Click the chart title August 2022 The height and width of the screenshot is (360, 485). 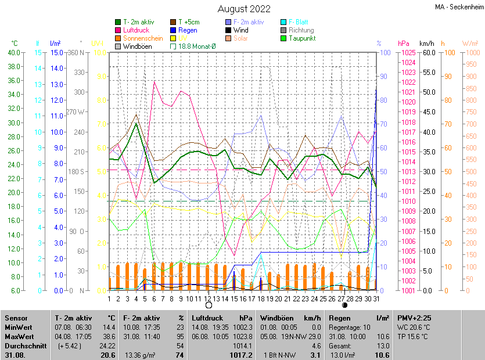point(244,9)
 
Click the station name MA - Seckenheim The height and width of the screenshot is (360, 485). point(458,7)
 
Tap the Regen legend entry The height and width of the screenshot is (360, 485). point(188,30)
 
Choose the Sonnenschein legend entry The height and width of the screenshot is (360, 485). point(143,38)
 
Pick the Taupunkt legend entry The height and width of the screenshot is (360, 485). point(301,38)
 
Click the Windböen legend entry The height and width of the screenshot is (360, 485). point(137,46)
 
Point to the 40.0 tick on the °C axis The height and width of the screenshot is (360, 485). point(13,53)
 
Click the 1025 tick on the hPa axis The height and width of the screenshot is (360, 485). point(407,53)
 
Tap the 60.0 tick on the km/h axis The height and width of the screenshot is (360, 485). point(428,53)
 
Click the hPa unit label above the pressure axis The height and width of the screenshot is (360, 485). point(404,44)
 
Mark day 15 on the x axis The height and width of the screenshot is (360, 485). point(234,298)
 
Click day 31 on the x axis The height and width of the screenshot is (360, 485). point(376,298)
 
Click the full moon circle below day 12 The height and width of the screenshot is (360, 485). point(209,305)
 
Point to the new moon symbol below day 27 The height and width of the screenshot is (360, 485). point(344,305)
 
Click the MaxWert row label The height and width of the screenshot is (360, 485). point(20,336)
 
